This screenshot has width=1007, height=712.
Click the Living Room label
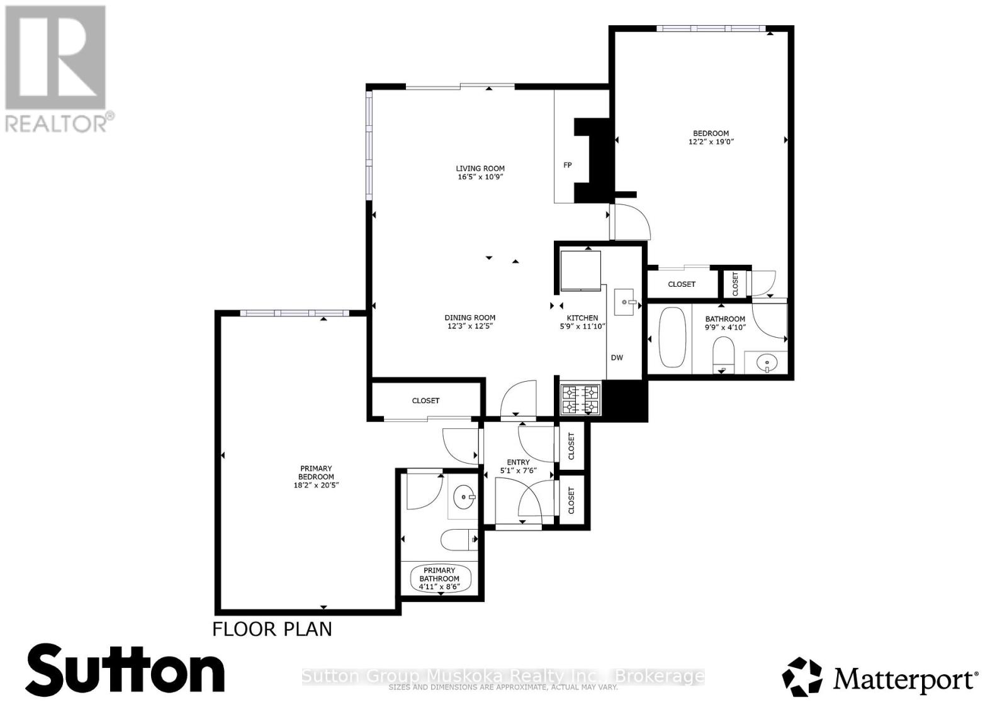(480, 169)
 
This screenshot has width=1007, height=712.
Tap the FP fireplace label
(568, 165)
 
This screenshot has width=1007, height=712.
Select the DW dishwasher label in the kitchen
(617, 358)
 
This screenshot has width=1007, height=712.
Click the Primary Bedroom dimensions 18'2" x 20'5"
(316, 485)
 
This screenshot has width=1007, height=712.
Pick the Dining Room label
(470, 318)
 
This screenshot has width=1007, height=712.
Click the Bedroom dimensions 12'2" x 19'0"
(711, 142)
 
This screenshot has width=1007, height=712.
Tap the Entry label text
(518, 462)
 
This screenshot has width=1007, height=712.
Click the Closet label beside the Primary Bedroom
(425, 401)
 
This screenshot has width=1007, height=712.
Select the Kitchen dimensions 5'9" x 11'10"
(582, 326)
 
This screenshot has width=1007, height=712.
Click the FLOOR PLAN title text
(272, 629)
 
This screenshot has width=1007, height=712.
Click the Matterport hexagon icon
(802, 677)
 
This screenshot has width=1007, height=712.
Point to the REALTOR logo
(57, 69)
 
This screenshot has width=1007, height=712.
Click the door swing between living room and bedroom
(631, 221)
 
